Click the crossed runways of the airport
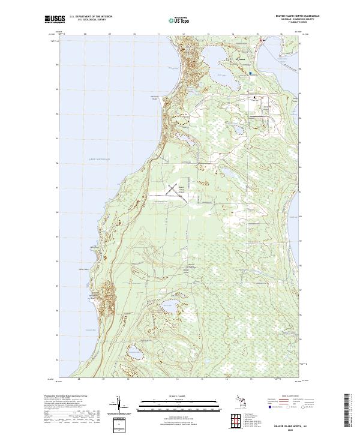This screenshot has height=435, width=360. (172, 190)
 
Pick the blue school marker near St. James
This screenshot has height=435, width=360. (251, 73)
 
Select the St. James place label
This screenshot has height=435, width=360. (241, 60)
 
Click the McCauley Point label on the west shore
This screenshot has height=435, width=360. (154, 99)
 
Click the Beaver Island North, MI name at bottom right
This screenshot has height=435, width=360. (294, 425)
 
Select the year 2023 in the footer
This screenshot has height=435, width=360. (294, 429)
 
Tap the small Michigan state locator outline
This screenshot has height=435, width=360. (235, 402)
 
